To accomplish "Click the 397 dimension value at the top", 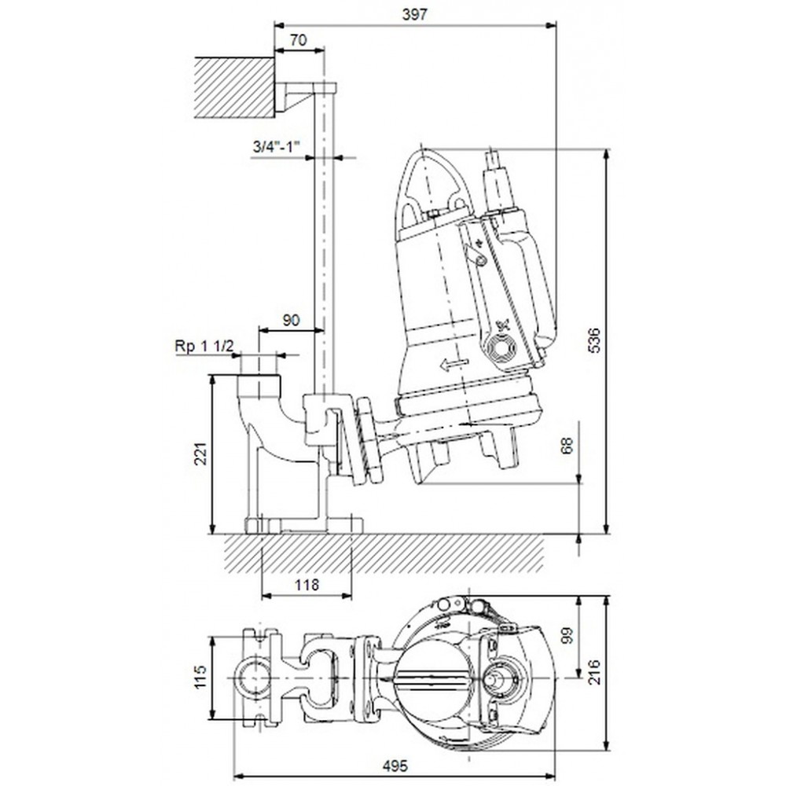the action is tap(414, 14).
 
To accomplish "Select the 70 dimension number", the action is tap(299, 40).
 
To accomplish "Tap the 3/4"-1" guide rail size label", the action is tap(276, 147).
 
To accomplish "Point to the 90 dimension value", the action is tap(291, 320).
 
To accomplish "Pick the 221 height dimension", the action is tap(200, 454).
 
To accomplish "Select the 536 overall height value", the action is tap(593, 340).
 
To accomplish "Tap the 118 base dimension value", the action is tap(307, 585).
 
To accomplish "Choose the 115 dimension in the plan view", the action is tap(200, 678).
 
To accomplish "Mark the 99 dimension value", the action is tap(567, 634).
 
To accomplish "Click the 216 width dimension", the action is tap(593, 672).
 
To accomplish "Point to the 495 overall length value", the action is tap(395, 766).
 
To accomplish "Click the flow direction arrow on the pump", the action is tap(454, 365).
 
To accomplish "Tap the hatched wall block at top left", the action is tap(234, 88).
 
